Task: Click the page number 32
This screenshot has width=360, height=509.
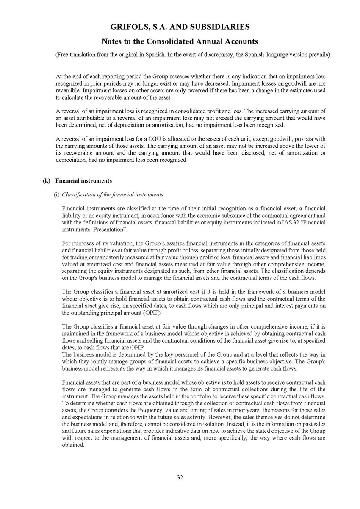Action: pos(180,477)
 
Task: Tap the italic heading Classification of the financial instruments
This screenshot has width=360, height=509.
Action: pos(112,195)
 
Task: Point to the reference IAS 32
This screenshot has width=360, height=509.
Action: pos(279,223)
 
